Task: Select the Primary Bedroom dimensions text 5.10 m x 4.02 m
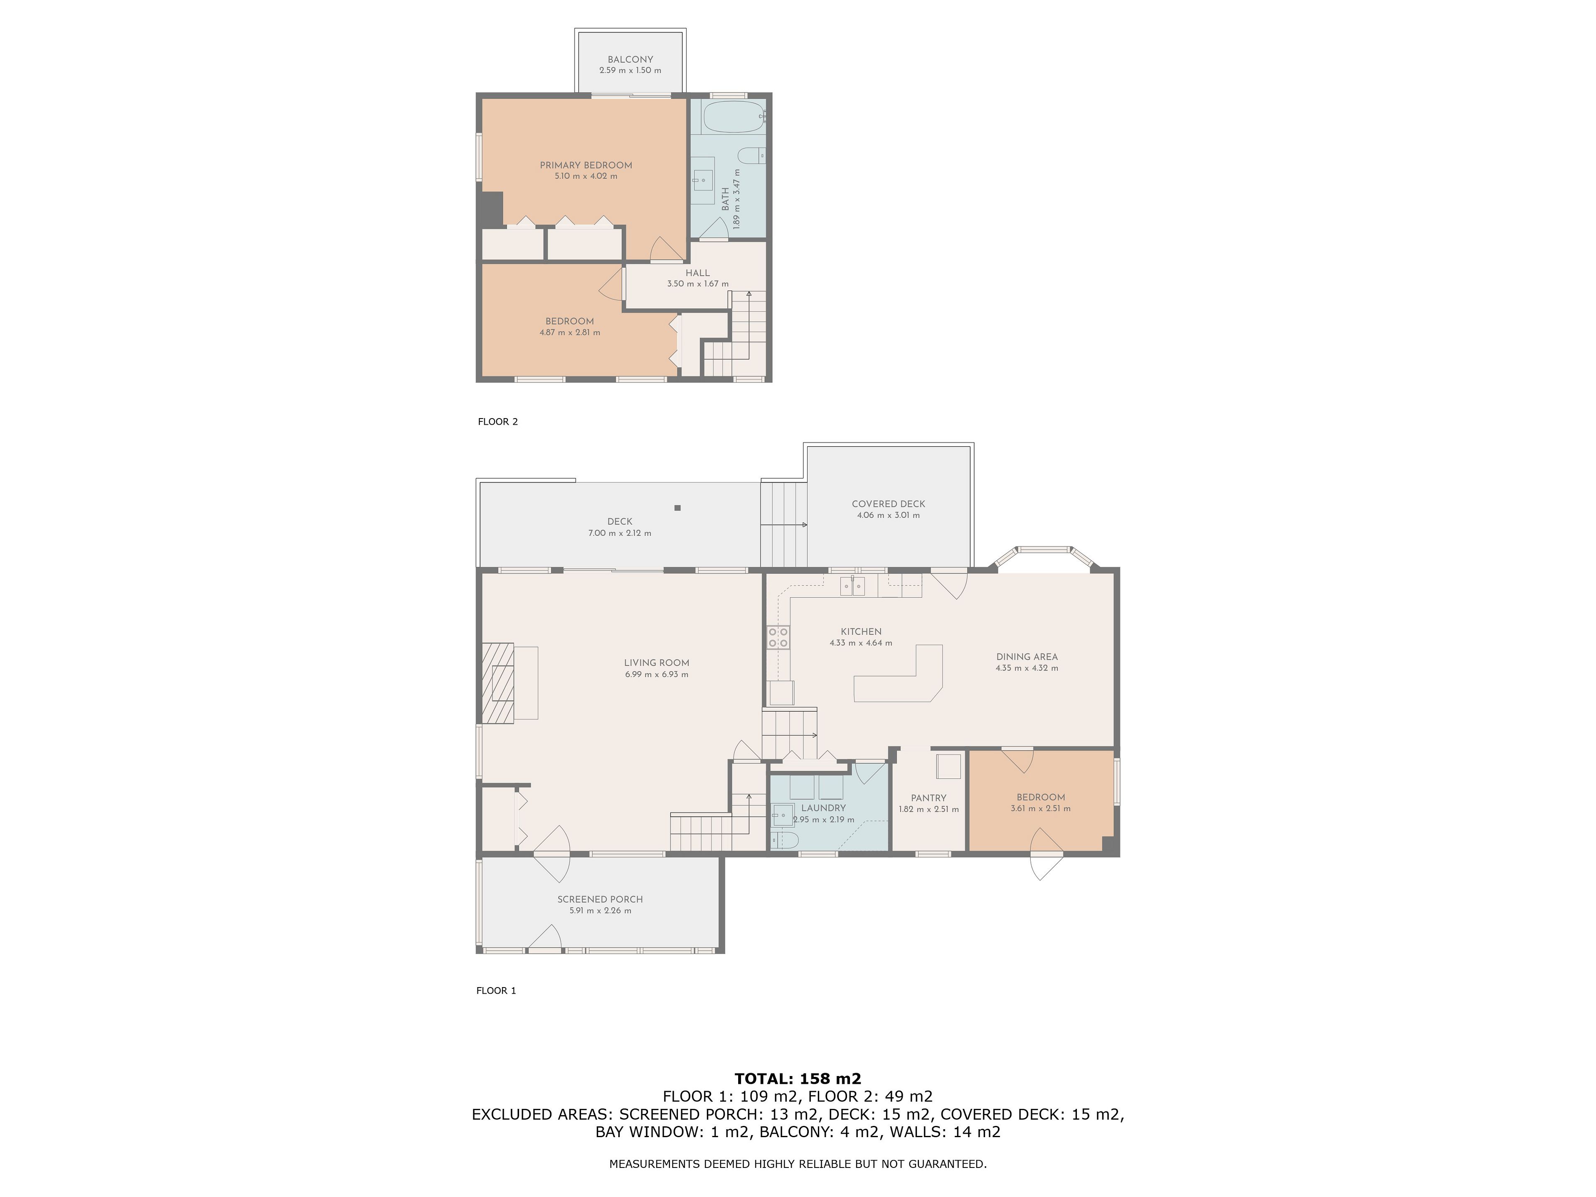[x=586, y=176]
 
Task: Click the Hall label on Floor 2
[x=698, y=273]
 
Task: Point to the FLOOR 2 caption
[x=498, y=421]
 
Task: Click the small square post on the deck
[x=677, y=508]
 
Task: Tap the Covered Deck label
[x=888, y=504]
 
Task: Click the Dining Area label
[x=1027, y=657]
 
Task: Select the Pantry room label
[x=929, y=798]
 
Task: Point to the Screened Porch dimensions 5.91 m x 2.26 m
[x=600, y=911]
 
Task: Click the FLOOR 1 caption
[x=496, y=991]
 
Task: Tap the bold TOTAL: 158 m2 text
[x=798, y=1079]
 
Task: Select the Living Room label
[x=657, y=663]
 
